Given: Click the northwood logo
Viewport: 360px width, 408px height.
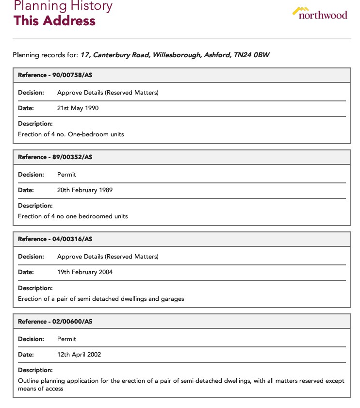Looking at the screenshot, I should coord(320,13).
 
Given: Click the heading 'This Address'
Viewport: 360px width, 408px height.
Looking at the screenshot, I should coord(54,21).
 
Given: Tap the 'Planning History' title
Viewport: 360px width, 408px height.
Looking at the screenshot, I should coord(63,6).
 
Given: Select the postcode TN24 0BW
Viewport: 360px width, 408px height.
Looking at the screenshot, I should coord(251,55).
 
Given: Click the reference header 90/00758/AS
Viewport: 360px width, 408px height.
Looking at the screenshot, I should coord(55,75).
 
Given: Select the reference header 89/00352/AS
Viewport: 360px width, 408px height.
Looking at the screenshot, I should coord(55,157).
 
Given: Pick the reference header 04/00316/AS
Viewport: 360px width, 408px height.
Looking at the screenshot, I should coord(55,239).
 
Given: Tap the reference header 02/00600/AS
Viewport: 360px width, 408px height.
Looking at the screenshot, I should coord(55,322).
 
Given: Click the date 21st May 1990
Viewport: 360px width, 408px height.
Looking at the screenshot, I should coord(78,108).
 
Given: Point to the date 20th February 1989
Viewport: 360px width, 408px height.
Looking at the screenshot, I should coord(85,190).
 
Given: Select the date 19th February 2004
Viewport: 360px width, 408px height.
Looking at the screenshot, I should coord(85,272).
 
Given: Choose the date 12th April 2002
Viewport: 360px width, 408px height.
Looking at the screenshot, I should coord(79,355).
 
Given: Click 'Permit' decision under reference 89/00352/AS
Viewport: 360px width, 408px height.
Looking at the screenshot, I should coord(66,175).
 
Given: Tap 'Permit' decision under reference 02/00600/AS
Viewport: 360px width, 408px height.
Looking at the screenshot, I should coord(66,339).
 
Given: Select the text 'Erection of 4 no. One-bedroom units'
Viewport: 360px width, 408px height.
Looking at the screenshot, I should coord(71,134).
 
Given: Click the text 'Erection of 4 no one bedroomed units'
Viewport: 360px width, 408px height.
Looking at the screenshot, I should coord(73,216).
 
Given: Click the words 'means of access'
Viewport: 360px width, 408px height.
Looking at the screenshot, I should coord(41,389).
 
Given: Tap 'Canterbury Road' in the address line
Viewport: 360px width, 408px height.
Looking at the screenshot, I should coord(122,55).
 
